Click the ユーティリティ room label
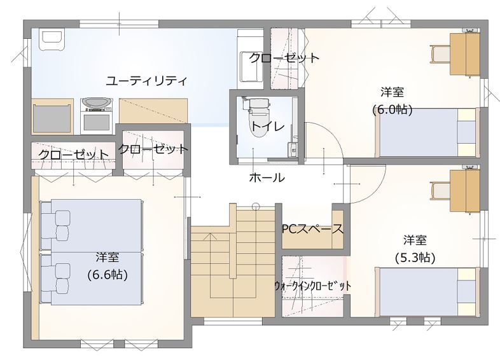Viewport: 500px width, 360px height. point(146,81)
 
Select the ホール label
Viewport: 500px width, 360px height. point(266,178)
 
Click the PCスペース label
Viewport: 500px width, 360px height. point(312,228)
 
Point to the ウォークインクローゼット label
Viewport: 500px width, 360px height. point(312,286)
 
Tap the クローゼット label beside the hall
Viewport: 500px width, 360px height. point(153,149)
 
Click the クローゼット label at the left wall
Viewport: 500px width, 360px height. point(73,155)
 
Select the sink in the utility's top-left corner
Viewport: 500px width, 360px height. point(51,39)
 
